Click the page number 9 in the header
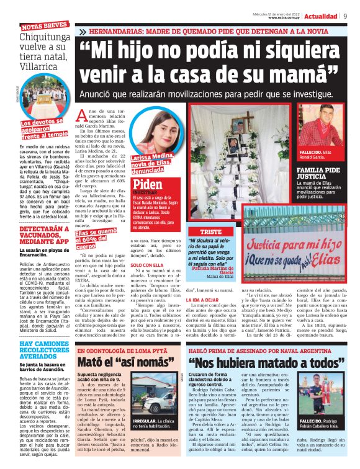tap(344, 16)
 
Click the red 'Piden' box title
tap(148, 184)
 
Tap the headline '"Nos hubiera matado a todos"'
tap(261, 362)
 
